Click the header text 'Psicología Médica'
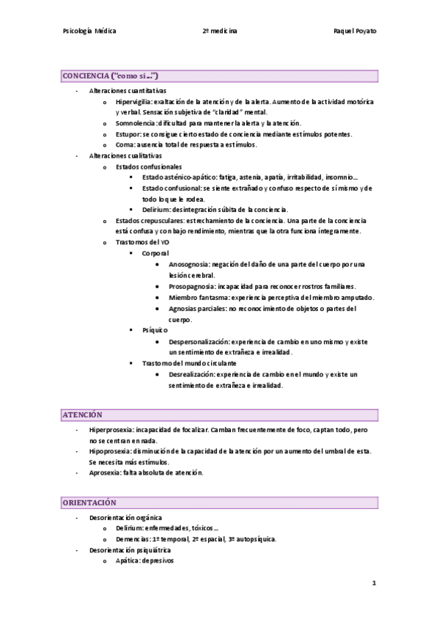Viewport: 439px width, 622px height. click(90, 32)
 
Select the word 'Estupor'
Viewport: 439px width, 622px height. click(128, 134)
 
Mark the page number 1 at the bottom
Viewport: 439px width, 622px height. click(374, 583)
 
